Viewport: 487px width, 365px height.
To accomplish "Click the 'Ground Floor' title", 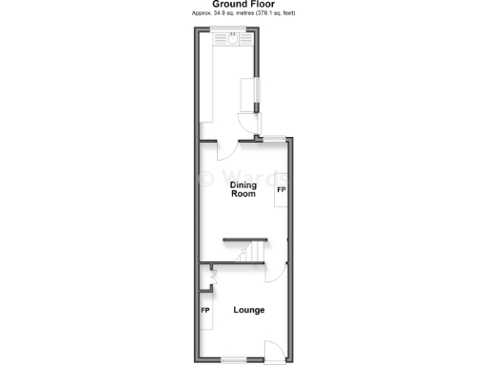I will click(243, 5).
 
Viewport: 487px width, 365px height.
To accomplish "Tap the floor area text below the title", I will click(243, 14).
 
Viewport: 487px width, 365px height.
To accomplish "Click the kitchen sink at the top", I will click(232, 39).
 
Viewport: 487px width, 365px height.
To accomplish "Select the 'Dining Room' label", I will click(244, 189).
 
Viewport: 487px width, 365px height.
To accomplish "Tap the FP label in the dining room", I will click(281, 191).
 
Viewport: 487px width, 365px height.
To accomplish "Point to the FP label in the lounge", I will click(205, 311).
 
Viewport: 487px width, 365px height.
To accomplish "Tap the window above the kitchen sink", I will click(232, 29).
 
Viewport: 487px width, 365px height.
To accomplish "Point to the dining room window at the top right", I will click(276, 140).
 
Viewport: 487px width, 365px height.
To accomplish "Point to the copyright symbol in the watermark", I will click(203, 178).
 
